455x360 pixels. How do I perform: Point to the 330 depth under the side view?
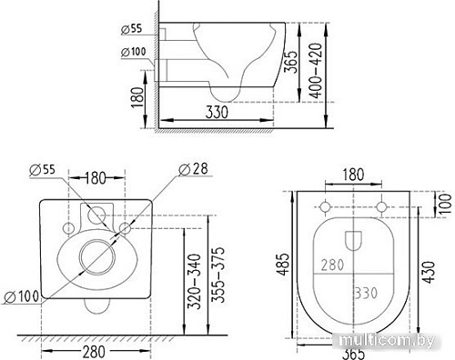click(x=216, y=112)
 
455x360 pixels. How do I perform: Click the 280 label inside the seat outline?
click(x=331, y=264)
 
